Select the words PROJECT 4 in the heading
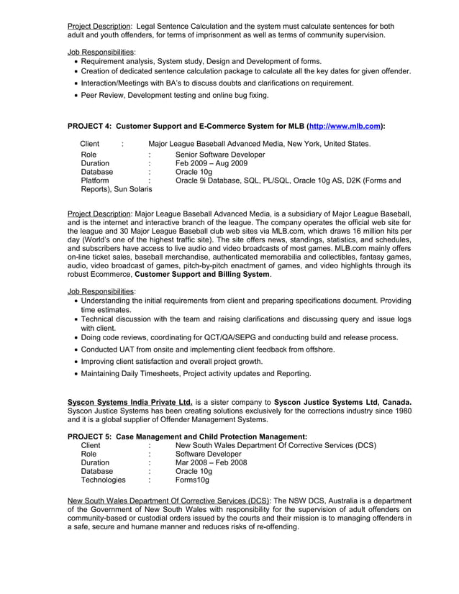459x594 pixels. coord(90,126)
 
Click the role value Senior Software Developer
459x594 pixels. coord(220,155)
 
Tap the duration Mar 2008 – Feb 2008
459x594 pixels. coord(211,463)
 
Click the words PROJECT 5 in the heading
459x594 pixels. coord(90,437)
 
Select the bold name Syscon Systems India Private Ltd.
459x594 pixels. coord(129,401)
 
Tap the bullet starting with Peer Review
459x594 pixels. coord(175,95)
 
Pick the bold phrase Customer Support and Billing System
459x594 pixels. coord(202,274)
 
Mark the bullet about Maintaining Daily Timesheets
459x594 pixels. coord(196,373)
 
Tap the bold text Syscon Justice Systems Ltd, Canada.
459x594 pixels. coord(342,401)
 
